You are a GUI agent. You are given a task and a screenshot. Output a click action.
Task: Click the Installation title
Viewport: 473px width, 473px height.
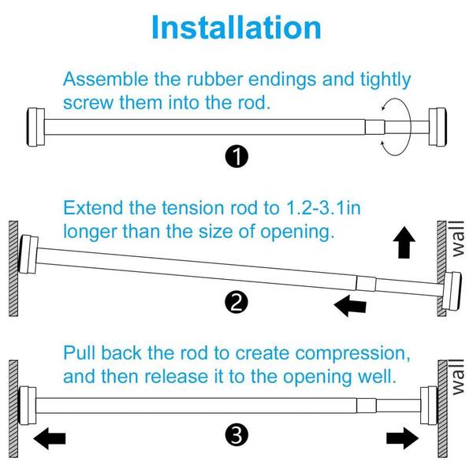(x=236, y=28)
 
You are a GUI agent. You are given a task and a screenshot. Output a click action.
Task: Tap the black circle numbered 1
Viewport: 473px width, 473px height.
(x=236, y=157)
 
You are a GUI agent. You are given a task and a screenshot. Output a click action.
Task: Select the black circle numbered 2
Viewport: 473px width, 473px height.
(x=236, y=302)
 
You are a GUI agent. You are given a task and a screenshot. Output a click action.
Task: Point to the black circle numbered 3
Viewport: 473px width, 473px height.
(x=236, y=435)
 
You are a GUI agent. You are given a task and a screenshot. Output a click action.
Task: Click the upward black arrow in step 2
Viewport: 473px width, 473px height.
(x=404, y=243)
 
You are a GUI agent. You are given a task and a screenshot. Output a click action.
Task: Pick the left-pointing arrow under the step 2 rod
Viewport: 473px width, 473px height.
(x=350, y=305)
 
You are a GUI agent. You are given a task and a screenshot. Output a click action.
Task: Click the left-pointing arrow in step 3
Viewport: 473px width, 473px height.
(x=50, y=438)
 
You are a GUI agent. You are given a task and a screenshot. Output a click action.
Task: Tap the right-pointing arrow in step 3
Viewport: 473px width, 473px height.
(x=403, y=438)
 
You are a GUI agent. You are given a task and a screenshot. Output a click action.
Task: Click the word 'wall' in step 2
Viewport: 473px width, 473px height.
(x=458, y=239)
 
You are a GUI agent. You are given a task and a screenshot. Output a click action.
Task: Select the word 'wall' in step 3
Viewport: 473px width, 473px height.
(x=458, y=377)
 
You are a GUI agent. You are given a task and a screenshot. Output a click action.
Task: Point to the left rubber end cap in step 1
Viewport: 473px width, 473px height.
(x=35, y=127)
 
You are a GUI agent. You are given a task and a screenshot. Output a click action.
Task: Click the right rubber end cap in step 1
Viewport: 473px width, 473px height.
(x=438, y=127)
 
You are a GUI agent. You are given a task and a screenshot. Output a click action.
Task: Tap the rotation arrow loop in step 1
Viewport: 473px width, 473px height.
(x=410, y=127)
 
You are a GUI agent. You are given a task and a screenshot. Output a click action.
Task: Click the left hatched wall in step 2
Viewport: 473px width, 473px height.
(x=13, y=269)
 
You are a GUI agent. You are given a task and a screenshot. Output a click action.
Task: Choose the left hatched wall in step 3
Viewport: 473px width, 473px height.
(x=13, y=408)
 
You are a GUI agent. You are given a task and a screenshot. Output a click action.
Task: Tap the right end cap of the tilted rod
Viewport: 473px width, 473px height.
(x=451, y=291)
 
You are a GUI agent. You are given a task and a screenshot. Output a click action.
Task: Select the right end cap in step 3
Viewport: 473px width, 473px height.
(x=429, y=405)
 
